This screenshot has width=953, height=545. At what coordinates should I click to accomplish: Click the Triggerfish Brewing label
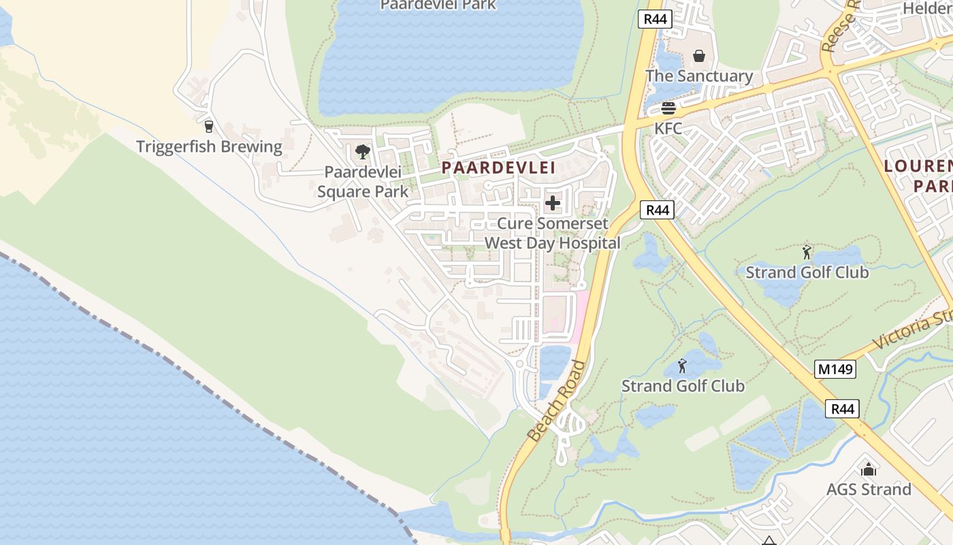209,146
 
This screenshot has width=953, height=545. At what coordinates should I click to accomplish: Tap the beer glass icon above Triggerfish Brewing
209,126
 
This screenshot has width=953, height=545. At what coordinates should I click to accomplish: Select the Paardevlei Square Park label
363,182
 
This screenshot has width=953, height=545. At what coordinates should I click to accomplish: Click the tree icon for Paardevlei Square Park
363,151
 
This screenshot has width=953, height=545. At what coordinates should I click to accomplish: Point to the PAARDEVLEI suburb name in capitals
498,168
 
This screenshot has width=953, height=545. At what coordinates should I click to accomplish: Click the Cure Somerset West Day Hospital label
552,233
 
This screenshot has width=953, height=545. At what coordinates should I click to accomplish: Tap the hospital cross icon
553,202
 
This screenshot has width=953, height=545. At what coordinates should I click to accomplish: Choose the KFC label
668,128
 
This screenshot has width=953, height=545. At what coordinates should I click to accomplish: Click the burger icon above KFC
668,108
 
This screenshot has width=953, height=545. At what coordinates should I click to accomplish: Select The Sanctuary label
699,76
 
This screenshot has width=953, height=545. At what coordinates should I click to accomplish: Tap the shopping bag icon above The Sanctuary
699,55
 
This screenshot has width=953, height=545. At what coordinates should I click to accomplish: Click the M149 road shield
835,369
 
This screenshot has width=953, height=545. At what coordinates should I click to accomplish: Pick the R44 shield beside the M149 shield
843,409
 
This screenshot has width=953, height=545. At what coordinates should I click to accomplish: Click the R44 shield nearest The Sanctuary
656,19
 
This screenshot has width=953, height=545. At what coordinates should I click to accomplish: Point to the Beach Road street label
557,400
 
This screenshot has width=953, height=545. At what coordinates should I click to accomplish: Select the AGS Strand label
869,489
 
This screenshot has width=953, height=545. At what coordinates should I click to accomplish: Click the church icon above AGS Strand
869,469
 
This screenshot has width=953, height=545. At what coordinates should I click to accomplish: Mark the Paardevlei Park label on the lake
438,5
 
